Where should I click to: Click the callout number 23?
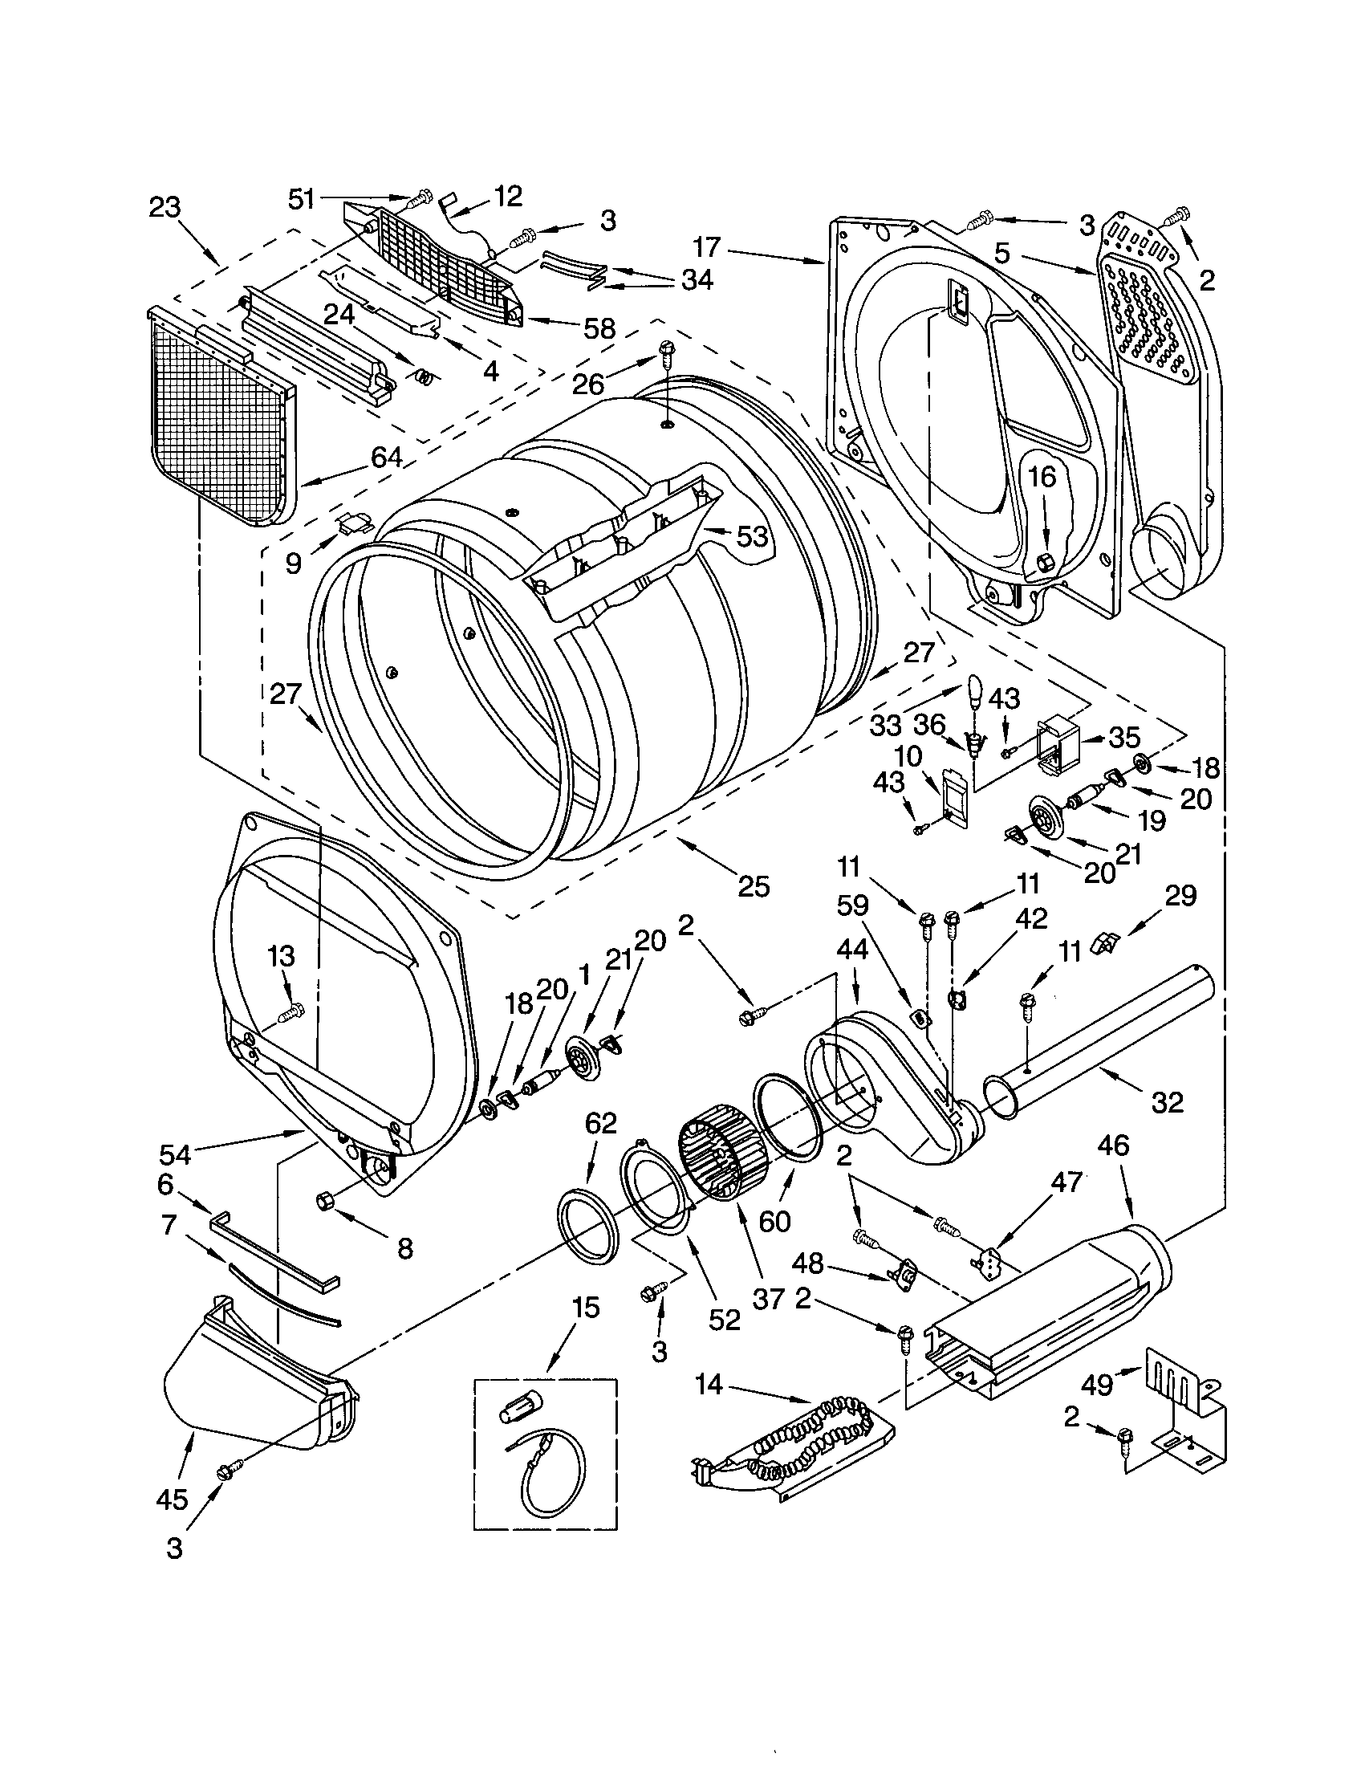[x=165, y=208]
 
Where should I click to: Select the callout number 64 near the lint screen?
[x=386, y=457]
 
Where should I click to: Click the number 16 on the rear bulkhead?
[x=1042, y=477]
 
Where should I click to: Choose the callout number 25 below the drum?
[x=754, y=886]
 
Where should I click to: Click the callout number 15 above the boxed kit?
[x=586, y=1307]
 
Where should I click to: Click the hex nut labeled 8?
[x=327, y=1202]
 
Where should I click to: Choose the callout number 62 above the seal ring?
[x=600, y=1123]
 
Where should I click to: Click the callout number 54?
[x=175, y=1154]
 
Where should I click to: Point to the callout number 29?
[x=1180, y=896]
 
